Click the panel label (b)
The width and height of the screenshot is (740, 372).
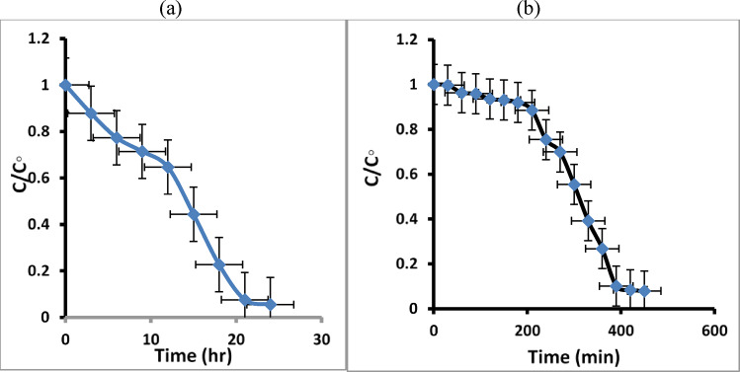click(551, 8)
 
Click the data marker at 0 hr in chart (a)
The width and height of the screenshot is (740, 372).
click(65, 85)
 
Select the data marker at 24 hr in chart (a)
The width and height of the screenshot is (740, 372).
click(270, 305)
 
